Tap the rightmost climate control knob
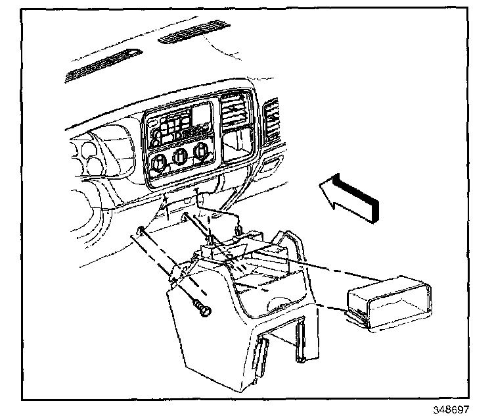click(201, 154)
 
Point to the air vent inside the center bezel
click(235, 111)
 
